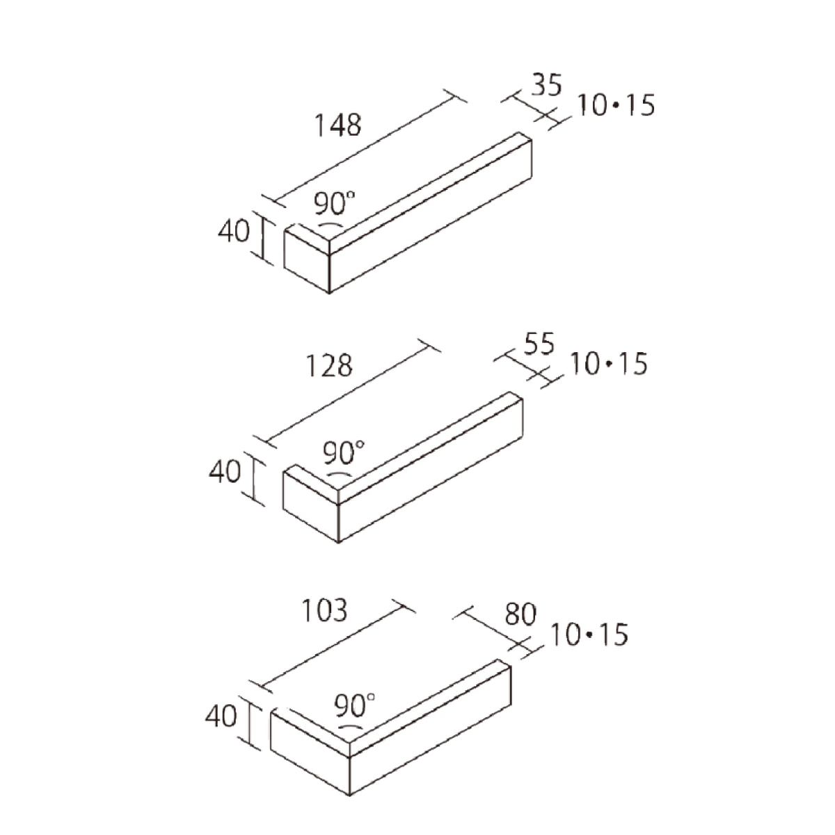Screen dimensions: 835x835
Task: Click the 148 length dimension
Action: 337,125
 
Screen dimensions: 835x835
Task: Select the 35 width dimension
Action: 546,84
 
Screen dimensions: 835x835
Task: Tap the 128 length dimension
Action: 329,366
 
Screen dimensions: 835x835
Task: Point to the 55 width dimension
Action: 539,344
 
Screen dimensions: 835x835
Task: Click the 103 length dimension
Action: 324,610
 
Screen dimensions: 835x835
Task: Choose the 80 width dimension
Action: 521,614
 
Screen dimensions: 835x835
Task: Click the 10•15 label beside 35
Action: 616,105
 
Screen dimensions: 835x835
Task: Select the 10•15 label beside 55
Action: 608,363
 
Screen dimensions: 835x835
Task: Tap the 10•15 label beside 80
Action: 589,635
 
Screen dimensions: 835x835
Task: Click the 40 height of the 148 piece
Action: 234,231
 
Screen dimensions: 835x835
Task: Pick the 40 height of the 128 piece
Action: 225,472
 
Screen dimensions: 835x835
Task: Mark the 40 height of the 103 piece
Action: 221,716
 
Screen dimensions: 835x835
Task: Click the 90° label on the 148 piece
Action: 335,204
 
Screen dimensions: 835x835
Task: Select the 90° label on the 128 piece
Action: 344,453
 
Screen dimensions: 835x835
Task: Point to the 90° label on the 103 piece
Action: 354,706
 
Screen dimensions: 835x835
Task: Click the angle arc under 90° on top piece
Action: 331,225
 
